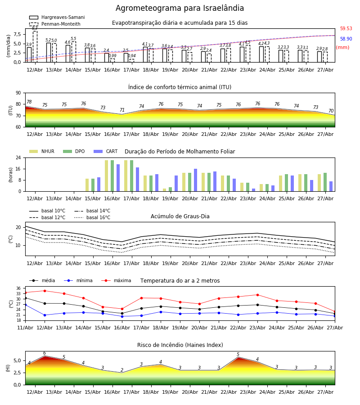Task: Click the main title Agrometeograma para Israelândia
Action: [180, 8]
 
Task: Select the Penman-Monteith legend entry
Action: [55, 24]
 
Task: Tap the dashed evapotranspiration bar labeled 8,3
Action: [35, 46]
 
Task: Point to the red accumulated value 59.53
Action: [346, 28]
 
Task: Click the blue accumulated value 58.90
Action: [346, 39]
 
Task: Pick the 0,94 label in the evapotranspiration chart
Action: [132, 55]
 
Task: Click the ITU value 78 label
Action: [29, 102]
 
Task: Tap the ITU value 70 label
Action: [331, 111]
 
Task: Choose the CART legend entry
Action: [106, 151]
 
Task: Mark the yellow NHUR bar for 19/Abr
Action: [165, 190]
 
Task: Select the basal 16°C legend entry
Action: [92, 217]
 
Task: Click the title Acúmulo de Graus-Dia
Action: [180, 216]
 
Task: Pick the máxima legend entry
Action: [117, 280]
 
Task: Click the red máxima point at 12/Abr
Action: [45, 291]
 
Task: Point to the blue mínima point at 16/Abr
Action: [122, 316]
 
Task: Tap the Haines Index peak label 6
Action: [45, 353]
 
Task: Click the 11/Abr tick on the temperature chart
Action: [25, 328]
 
